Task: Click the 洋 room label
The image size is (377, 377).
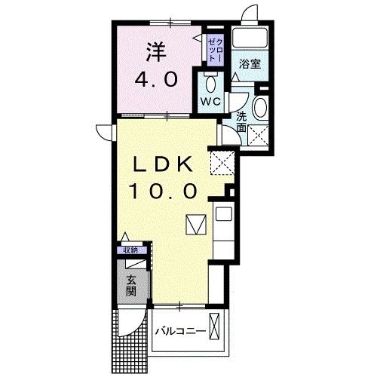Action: click(155, 52)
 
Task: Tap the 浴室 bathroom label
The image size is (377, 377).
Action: click(250, 64)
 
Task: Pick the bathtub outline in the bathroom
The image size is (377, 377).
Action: click(250, 38)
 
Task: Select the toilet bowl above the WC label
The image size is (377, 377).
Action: click(210, 82)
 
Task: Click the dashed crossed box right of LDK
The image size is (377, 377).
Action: click(221, 161)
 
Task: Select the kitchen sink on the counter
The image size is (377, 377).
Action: click(224, 213)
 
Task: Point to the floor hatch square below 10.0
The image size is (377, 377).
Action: click(195, 225)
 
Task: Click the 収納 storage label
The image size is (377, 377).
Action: click(131, 250)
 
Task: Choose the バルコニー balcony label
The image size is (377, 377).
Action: click(180, 331)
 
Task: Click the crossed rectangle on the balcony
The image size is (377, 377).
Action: click(217, 329)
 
